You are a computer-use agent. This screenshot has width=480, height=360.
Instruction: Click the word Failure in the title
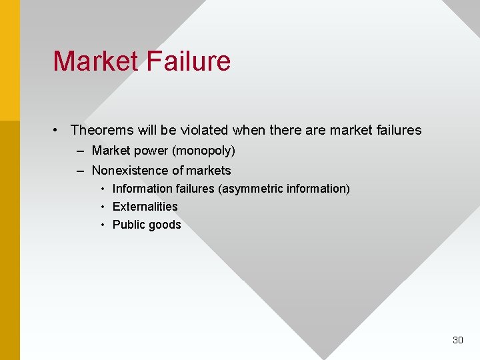click(x=187, y=61)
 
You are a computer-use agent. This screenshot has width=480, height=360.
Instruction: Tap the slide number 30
click(x=457, y=340)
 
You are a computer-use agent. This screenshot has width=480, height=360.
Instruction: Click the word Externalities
click(x=145, y=207)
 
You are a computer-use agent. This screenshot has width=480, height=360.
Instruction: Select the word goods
click(x=165, y=225)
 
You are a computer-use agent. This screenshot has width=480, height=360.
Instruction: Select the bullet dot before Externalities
click(x=103, y=207)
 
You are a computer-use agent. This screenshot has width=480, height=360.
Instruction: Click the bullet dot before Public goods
click(x=103, y=225)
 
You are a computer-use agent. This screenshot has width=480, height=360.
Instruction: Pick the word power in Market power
click(x=152, y=151)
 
